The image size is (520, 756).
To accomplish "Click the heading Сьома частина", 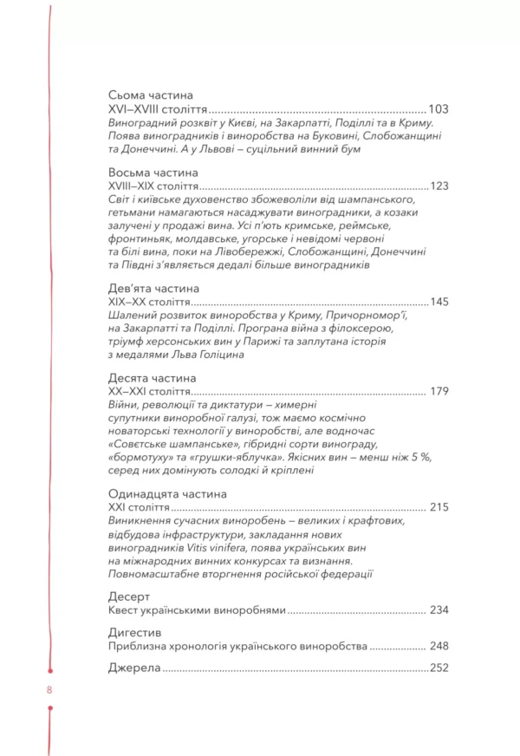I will tap(151, 95).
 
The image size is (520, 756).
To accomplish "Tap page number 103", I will tap(439, 110).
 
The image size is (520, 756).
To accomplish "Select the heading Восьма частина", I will tap(154, 173).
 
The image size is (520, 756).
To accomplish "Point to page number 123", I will tap(439, 186).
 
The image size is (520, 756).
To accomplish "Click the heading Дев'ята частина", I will tap(154, 288).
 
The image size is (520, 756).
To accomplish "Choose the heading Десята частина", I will tap(153, 378).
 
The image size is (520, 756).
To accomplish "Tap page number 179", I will tap(439, 392).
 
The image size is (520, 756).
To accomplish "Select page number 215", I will tap(439, 507).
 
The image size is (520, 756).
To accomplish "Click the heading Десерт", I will tap(130, 596).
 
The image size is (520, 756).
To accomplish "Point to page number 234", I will tap(439, 610).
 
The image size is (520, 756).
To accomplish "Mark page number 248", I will tap(439, 647).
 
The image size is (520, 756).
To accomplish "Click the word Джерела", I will tap(134, 668).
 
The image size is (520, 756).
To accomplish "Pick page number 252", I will tap(439, 668).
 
